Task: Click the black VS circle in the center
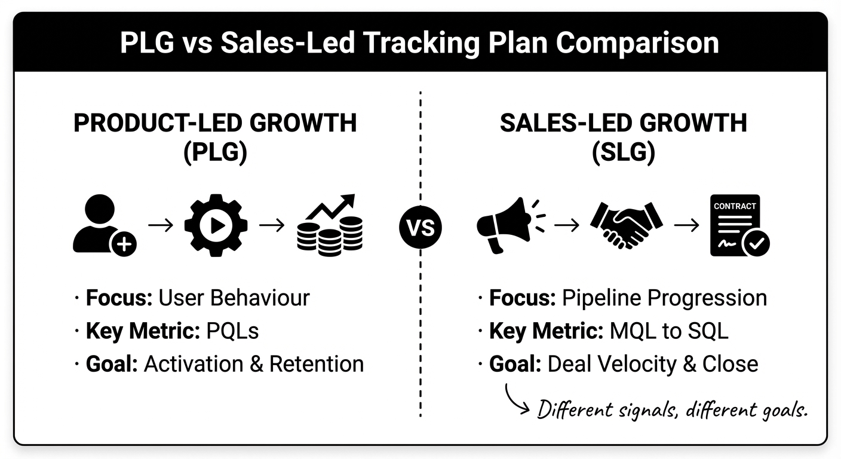coord(420,228)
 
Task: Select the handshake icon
coord(626,225)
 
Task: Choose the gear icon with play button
coord(215,225)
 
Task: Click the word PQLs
coord(232,331)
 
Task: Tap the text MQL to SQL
coord(669,331)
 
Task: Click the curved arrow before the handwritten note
coord(517,399)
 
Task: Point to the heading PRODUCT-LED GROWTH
coord(215,123)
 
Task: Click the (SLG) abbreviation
coord(623,153)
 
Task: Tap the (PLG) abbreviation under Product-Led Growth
coord(215,153)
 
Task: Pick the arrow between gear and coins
coord(272,225)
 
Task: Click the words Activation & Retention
coord(254,363)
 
